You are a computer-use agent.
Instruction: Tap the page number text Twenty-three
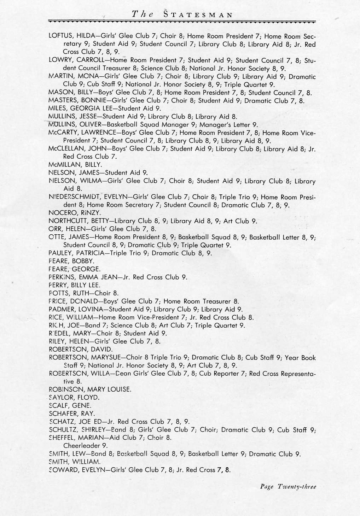click(297, 487)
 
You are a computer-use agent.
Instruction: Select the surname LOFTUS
click(60, 36)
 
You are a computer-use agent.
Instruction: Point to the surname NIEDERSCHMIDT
click(75, 197)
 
